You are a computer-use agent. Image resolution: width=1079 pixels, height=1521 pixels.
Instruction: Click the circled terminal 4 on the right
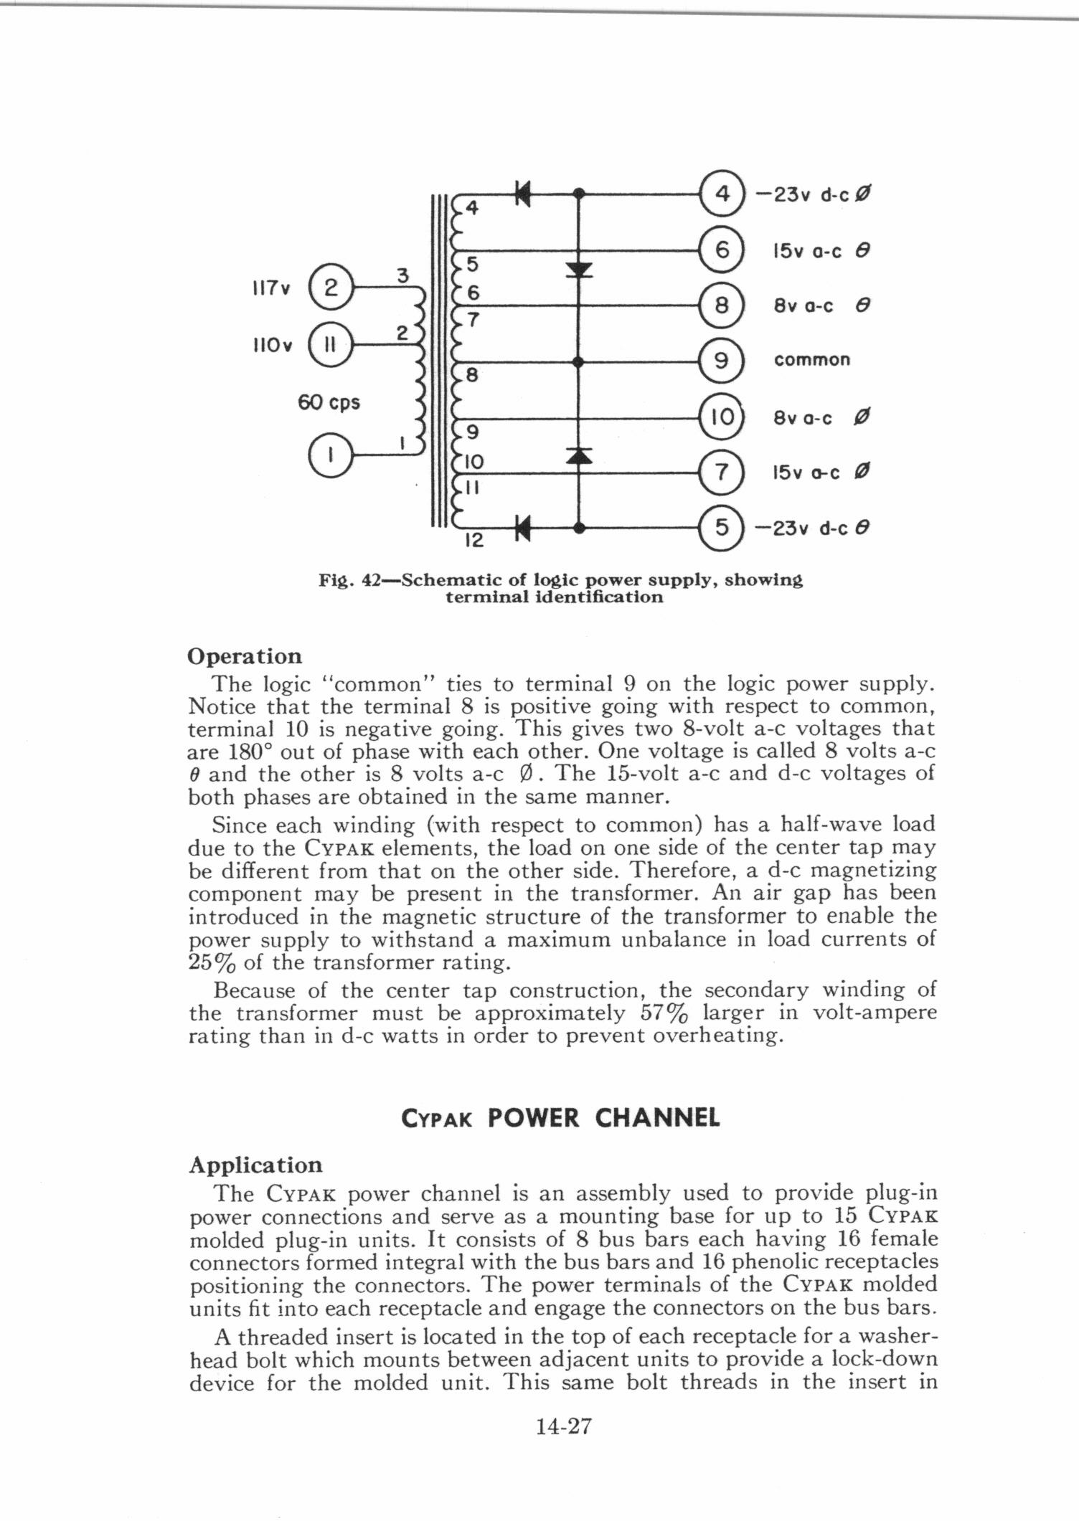(722, 194)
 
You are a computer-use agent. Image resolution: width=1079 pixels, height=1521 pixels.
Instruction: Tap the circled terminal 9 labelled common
(722, 361)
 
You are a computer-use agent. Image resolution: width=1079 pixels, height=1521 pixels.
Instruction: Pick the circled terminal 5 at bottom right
(722, 529)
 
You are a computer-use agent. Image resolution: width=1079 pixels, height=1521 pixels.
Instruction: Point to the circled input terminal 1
(329, 455)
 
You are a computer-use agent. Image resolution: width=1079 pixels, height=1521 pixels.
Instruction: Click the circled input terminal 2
(329, 288)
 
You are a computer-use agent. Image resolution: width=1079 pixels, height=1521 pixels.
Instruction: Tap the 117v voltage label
(270, 289)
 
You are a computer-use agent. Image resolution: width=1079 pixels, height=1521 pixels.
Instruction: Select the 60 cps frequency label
(329, 403)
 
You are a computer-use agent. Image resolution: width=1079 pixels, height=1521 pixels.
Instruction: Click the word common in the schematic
(811, 360)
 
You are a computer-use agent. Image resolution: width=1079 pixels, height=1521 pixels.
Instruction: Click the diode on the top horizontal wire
(522, 193)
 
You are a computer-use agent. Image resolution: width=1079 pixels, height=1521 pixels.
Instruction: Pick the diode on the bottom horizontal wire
(522, 529)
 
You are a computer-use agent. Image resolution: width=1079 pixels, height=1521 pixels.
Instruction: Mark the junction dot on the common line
(579, 362)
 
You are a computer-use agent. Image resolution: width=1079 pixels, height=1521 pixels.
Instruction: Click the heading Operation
(245, 657)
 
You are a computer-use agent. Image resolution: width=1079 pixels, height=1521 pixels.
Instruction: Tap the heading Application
(255, 1165)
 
